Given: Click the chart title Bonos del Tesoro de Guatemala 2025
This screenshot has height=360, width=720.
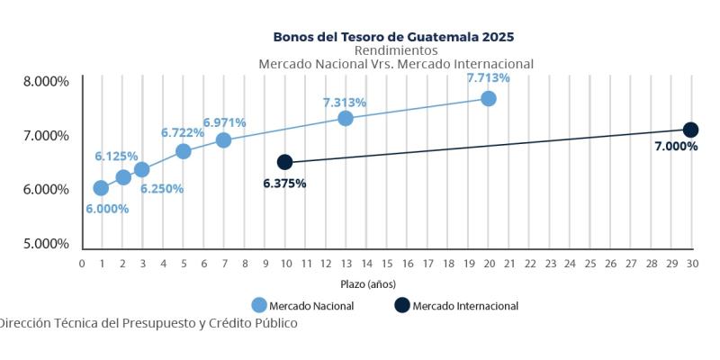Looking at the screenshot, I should pyautogui.click(x=394, y=37).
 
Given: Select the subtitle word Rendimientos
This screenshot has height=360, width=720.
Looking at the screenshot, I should pyautogui.click(x=396, y=50).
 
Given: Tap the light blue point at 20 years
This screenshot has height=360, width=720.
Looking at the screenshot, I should pyautogui.click(x=488, y=98).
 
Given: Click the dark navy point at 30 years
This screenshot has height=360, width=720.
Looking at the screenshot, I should pyautogui.click(x=690, y=130).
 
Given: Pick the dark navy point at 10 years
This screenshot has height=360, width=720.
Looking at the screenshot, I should pyautogui.click(x=285, y=162).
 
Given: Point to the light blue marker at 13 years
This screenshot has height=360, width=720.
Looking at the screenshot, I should pyautogui.click(x=346, y=118).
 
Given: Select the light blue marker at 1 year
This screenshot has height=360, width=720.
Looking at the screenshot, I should pyautogui.click(x=101, y=187).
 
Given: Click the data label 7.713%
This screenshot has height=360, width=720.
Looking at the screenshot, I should pyautogui.click(x=488, y=78).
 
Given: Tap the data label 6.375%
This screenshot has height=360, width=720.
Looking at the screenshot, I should pyautogui.click(x=284, y=183).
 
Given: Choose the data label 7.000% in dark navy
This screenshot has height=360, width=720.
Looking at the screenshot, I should pyautogui.click(x=675, y=146).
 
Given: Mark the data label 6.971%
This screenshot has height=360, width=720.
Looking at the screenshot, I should pyautogui.click(x=224, y=122).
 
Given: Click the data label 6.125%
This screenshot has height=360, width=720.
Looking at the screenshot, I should pyautogui.click(x=116, y=157).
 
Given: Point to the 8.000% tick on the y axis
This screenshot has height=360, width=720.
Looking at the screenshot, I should pyautogui.click(x=46, y=81).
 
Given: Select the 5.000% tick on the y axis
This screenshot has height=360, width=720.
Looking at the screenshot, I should pyautogui.click(x=46, y=243).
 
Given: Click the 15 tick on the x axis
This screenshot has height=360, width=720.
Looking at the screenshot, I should pyautogui.click(x=387, y=264).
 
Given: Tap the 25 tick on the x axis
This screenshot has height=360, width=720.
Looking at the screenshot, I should pyautogui.click(x=590, y=264).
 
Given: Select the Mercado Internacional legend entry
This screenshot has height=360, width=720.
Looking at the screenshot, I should pyautogui.click(x=456, y=306).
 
